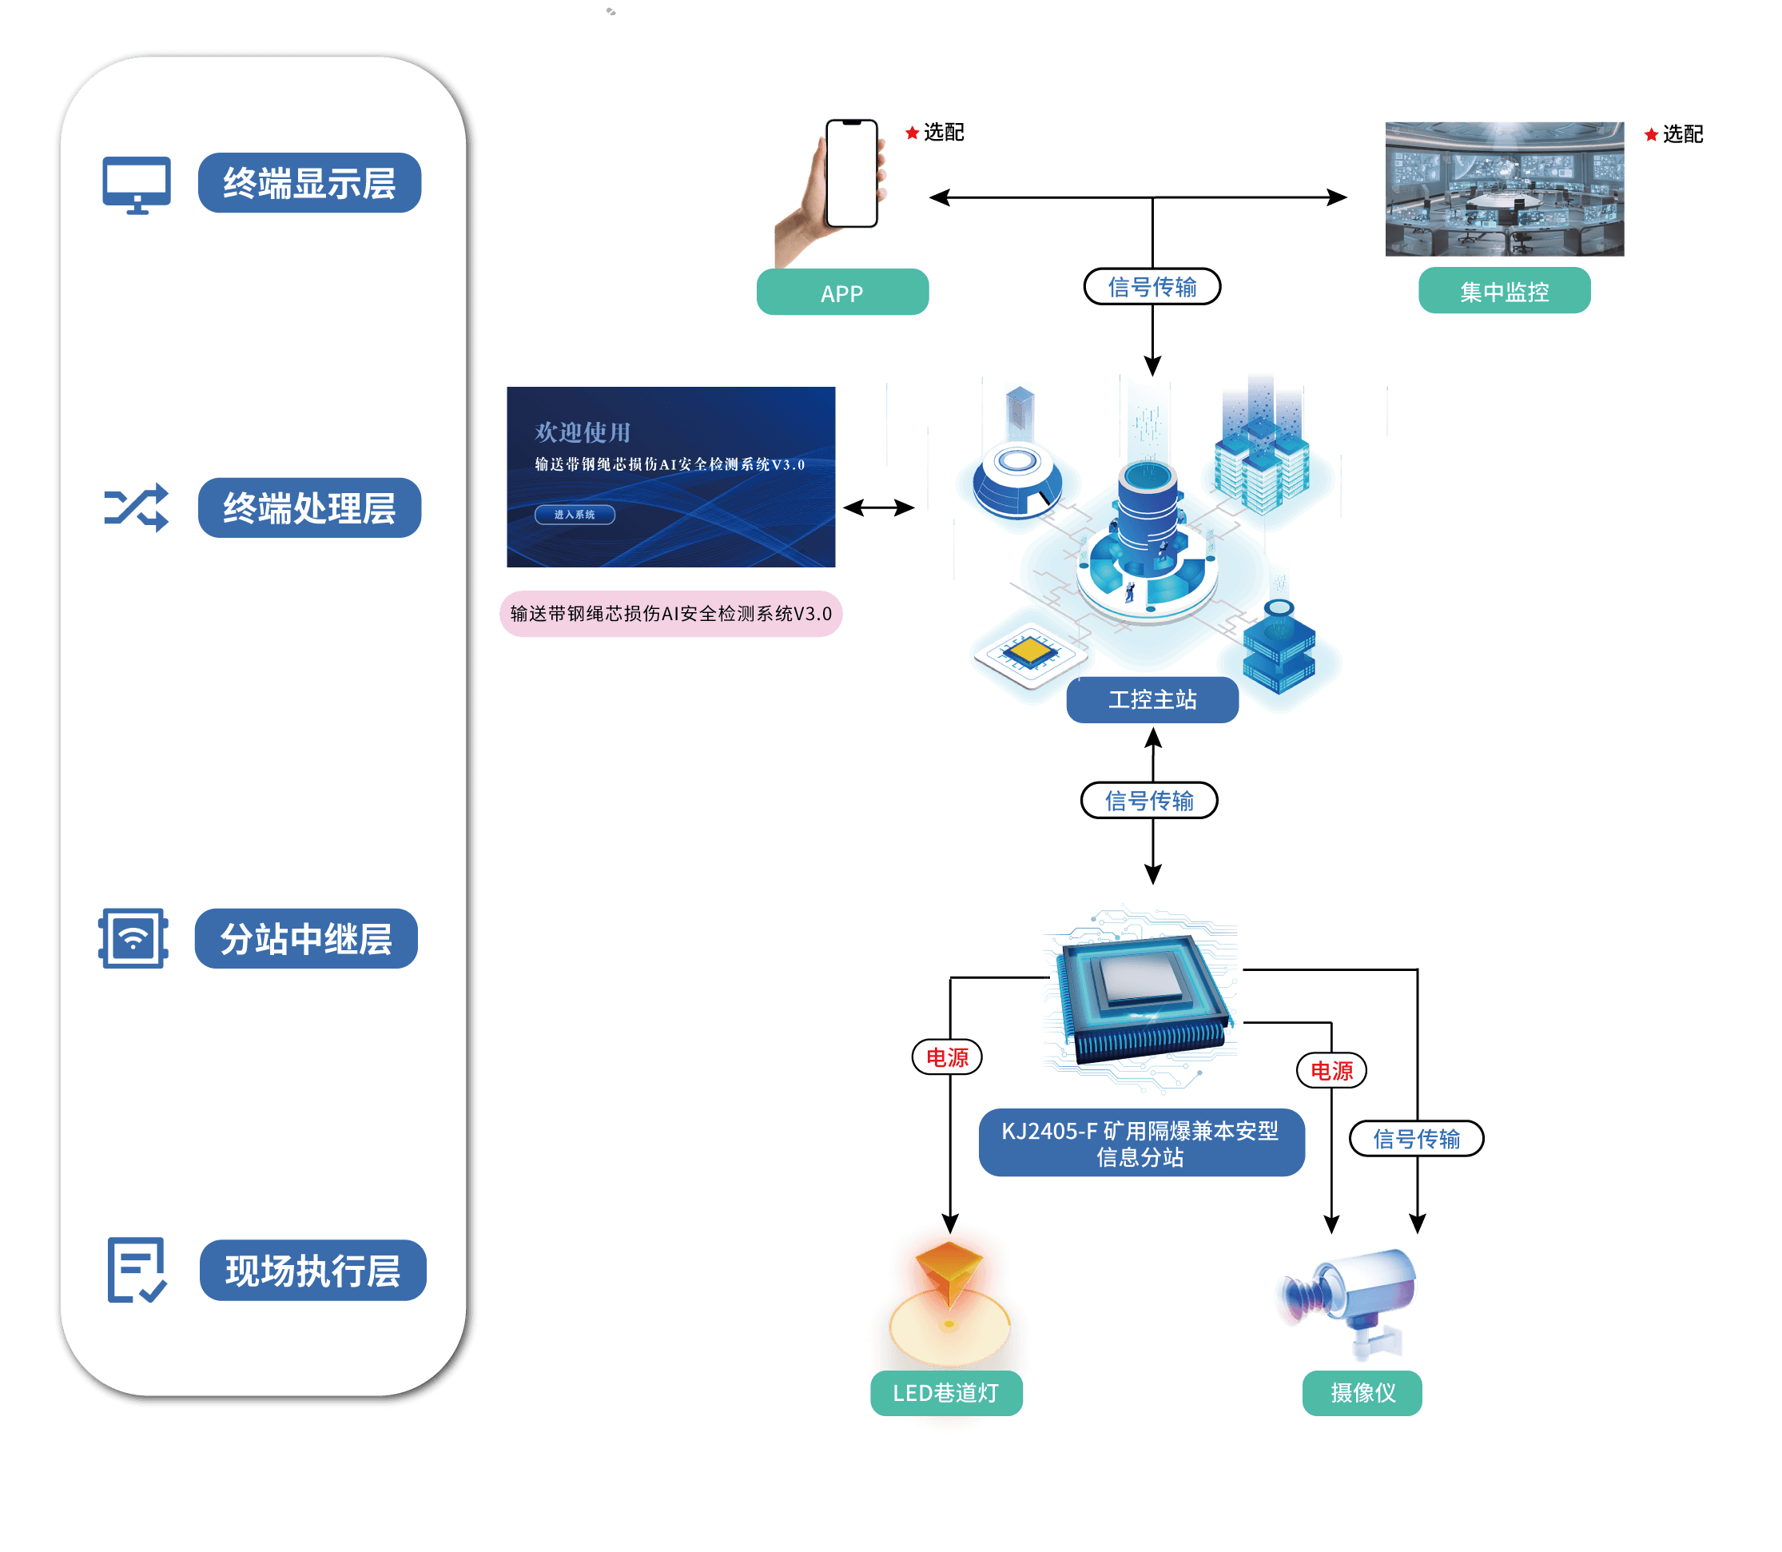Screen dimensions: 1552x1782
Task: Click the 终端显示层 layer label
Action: [309, 183]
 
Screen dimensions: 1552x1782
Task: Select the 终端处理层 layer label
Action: [309, 507]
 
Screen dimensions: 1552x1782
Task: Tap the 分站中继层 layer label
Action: [306, 938]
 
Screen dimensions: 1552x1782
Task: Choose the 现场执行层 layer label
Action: [312, 1270]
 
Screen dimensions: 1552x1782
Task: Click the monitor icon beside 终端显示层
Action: [137, 184]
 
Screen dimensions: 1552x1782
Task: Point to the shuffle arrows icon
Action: [137, 507]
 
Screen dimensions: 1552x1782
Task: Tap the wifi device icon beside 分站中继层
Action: [133, 938]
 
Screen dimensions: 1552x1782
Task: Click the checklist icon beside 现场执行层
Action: [136, 1270]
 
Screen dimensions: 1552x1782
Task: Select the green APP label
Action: [841, 292]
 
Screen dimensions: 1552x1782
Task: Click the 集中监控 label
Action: [1503, 291]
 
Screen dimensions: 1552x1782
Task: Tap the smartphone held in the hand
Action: [851, 173]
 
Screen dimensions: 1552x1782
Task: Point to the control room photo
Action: [1504, 188]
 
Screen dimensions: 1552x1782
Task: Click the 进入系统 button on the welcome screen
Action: [574, 515]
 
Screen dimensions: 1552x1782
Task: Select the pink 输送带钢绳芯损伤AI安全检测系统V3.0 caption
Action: [670, 614]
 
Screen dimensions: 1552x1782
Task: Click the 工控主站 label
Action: [1152, 700]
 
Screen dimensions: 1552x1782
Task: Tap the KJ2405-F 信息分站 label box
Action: [1140, 1142]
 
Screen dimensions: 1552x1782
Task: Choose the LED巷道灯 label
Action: [945, 1393]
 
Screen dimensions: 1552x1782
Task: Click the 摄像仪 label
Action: [1362, 1393]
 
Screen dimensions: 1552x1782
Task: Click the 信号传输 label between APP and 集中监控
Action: [1152, 287]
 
